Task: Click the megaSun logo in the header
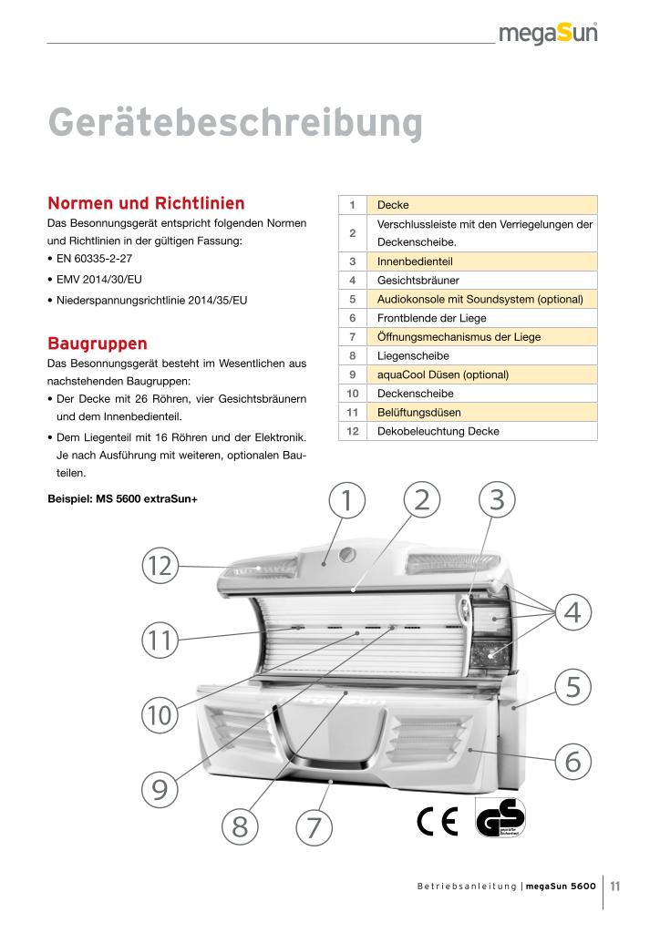(548, 34)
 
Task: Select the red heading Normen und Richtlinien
(145, 201)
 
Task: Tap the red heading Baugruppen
(98, 343)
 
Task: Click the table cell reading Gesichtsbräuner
(418, 281)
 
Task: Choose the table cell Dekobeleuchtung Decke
(438, 431)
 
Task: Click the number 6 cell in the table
(351, 318)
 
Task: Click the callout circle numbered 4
(572, 610)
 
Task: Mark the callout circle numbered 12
(160, 566)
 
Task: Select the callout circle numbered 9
(160, 789)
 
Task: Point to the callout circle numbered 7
(315, 827)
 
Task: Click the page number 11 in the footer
(616, 885)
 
